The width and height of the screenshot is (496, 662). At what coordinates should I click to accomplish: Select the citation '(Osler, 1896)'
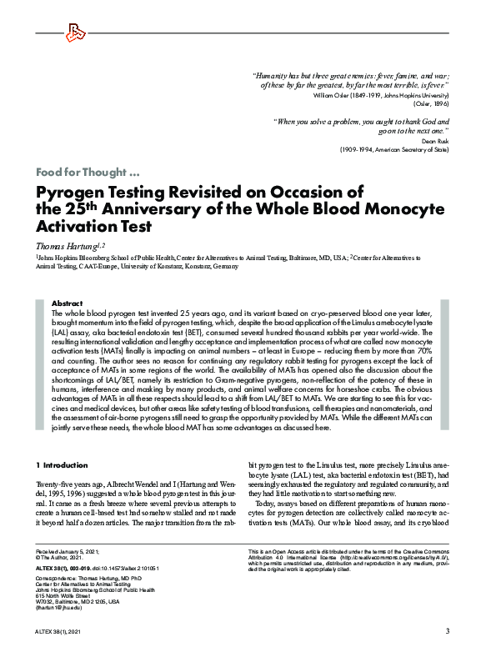(x=432, y=105)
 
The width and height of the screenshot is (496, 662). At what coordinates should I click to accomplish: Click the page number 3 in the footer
(x=448, y=630)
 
